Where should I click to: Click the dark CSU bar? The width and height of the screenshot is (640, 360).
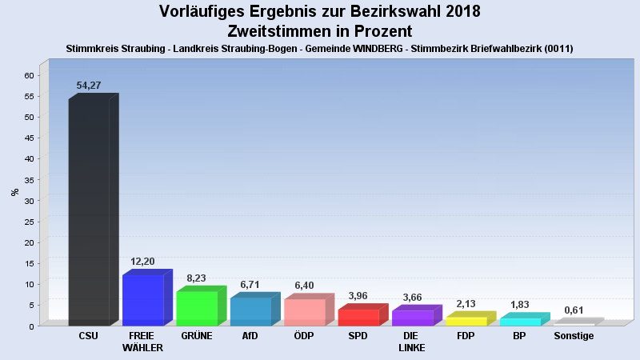(89, 212)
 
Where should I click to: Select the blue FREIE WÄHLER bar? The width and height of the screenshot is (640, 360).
(142, 300)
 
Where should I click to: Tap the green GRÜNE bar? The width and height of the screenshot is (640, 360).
(197, 308)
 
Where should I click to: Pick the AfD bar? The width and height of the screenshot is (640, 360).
(250, 311)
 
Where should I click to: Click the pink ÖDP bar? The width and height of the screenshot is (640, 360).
(304, 312)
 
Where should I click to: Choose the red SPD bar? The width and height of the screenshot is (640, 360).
(358, 317)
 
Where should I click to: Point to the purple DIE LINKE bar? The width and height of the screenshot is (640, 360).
(412, 318)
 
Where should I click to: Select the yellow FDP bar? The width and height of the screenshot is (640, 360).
(466, 321)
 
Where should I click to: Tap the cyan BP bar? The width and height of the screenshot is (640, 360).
(520, 322)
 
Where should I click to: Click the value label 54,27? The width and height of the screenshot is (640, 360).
(89, 86)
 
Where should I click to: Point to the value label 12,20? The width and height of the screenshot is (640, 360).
(143, 262)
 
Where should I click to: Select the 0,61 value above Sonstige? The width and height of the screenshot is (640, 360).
(574, 310)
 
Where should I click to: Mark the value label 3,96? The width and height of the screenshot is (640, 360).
(358, 296)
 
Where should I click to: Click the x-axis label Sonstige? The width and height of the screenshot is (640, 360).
(574, 336)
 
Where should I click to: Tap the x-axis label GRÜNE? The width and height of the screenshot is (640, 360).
(197, 336)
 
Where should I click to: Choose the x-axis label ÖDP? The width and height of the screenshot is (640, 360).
(304, 336)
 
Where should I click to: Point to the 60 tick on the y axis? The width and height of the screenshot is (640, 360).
(29, 75)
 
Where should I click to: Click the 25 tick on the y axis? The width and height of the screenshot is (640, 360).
(29, 222)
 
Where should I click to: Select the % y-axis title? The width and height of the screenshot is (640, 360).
(14, 192)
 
